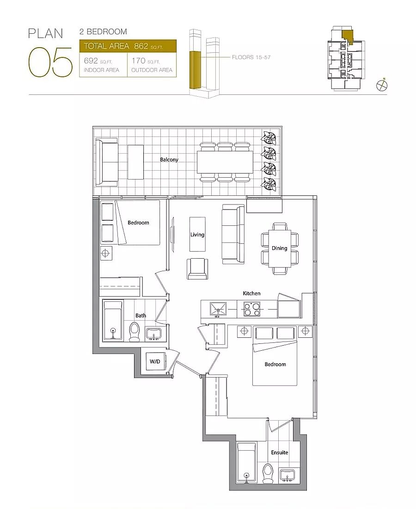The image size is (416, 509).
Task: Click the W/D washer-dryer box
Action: [x=155, y=361]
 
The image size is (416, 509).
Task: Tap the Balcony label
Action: [x=169, y=160]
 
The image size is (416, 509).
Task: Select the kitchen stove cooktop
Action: [x=251, y=310]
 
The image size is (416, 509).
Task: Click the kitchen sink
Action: [x=218, y=310]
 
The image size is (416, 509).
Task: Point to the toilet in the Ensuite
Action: [x=268, y=473]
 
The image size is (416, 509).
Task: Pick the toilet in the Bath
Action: [x=134, y=331]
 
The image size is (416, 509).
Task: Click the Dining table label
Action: [x=280, y=248]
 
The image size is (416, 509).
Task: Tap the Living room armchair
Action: [x=197, y=269]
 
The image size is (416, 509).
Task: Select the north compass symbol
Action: [x=382, y=85]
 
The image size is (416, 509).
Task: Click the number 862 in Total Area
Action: [x=141, y=46]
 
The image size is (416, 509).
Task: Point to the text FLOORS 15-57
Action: [x=251, y=57]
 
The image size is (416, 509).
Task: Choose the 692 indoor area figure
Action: [x=91, y=61]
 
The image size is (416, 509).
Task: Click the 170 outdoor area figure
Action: [x=138, y=61]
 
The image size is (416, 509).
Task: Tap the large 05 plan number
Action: [x=50, y=62]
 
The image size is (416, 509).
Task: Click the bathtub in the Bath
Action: [x=113, y=321]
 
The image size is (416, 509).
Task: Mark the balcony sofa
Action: [x=106, y=162]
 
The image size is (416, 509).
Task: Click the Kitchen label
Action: [x=251, y=293]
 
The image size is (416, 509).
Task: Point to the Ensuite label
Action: [x=280, y=453]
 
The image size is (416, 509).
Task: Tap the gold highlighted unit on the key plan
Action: [x=347, y=36]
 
